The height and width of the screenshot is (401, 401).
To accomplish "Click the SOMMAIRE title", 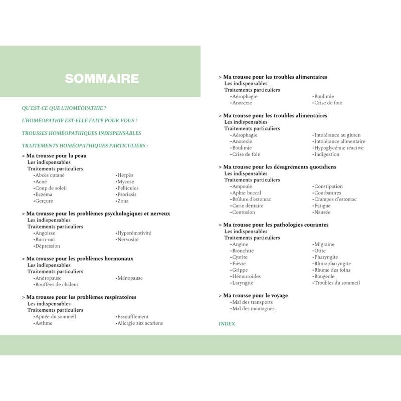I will point(102,79).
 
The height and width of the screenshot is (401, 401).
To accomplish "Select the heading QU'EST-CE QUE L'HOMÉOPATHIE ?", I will point(64,108).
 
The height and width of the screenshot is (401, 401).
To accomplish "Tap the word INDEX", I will point(227,324).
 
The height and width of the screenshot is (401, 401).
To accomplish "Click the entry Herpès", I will point(125,175).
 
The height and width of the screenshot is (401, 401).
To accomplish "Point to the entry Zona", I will point(123,201).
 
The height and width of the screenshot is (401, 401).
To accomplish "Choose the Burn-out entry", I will point(45,240).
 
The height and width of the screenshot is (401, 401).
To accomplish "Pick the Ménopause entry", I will point(129,278).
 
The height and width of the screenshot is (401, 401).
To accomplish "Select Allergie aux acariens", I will point(139,323).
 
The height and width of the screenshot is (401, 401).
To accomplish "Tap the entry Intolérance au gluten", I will point(336,135).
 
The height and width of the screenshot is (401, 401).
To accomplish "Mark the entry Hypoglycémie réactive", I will point(338,148).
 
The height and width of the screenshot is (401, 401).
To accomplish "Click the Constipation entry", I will point(328,186).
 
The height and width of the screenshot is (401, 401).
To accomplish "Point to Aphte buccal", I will point(246,193).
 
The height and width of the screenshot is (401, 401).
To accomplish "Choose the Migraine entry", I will point(324,245).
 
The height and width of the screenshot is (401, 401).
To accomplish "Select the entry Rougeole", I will point(324,277).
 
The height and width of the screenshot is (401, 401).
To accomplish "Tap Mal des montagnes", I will point(253,309).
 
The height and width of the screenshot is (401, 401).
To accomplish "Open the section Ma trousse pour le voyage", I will point(255,296).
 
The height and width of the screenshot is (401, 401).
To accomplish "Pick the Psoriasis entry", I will point(126,194).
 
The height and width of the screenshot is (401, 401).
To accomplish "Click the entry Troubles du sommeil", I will point(337,283).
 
